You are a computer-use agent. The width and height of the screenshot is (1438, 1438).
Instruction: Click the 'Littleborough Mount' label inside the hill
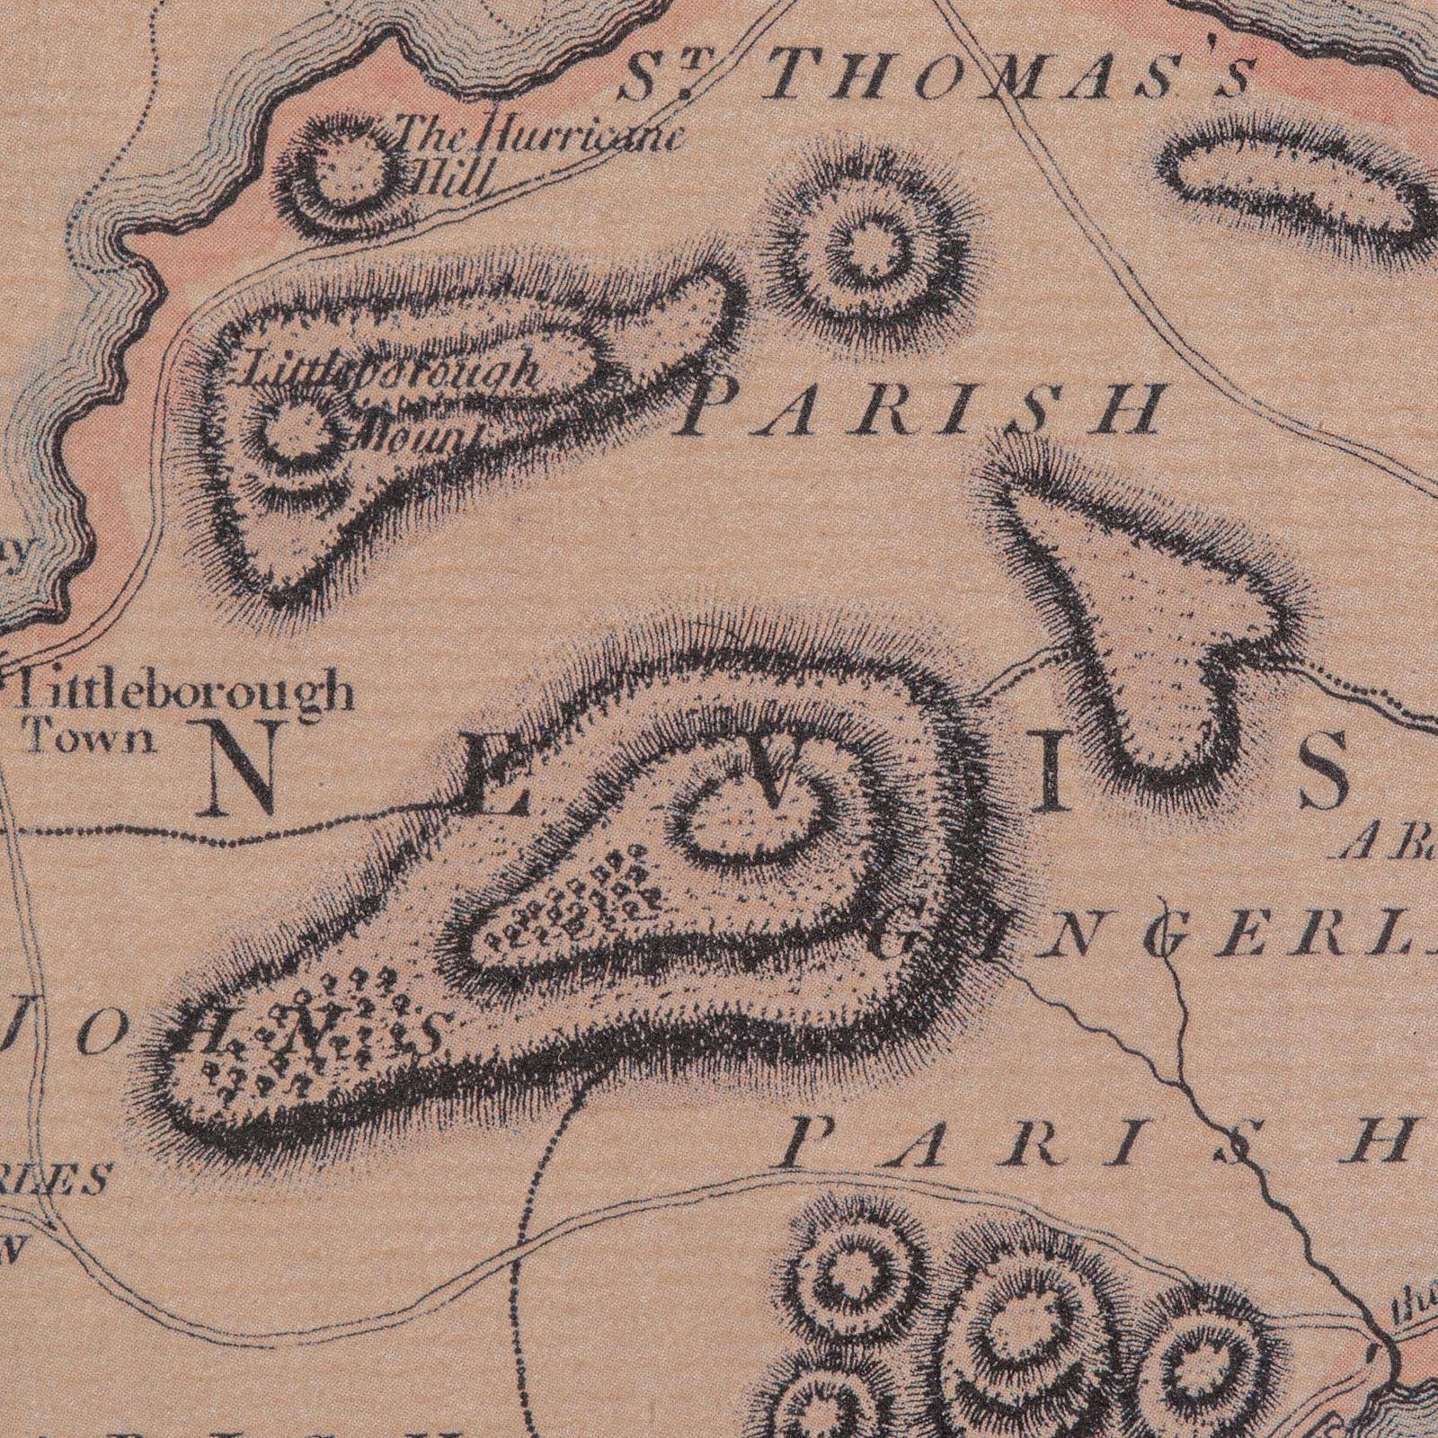coord(395,395)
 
